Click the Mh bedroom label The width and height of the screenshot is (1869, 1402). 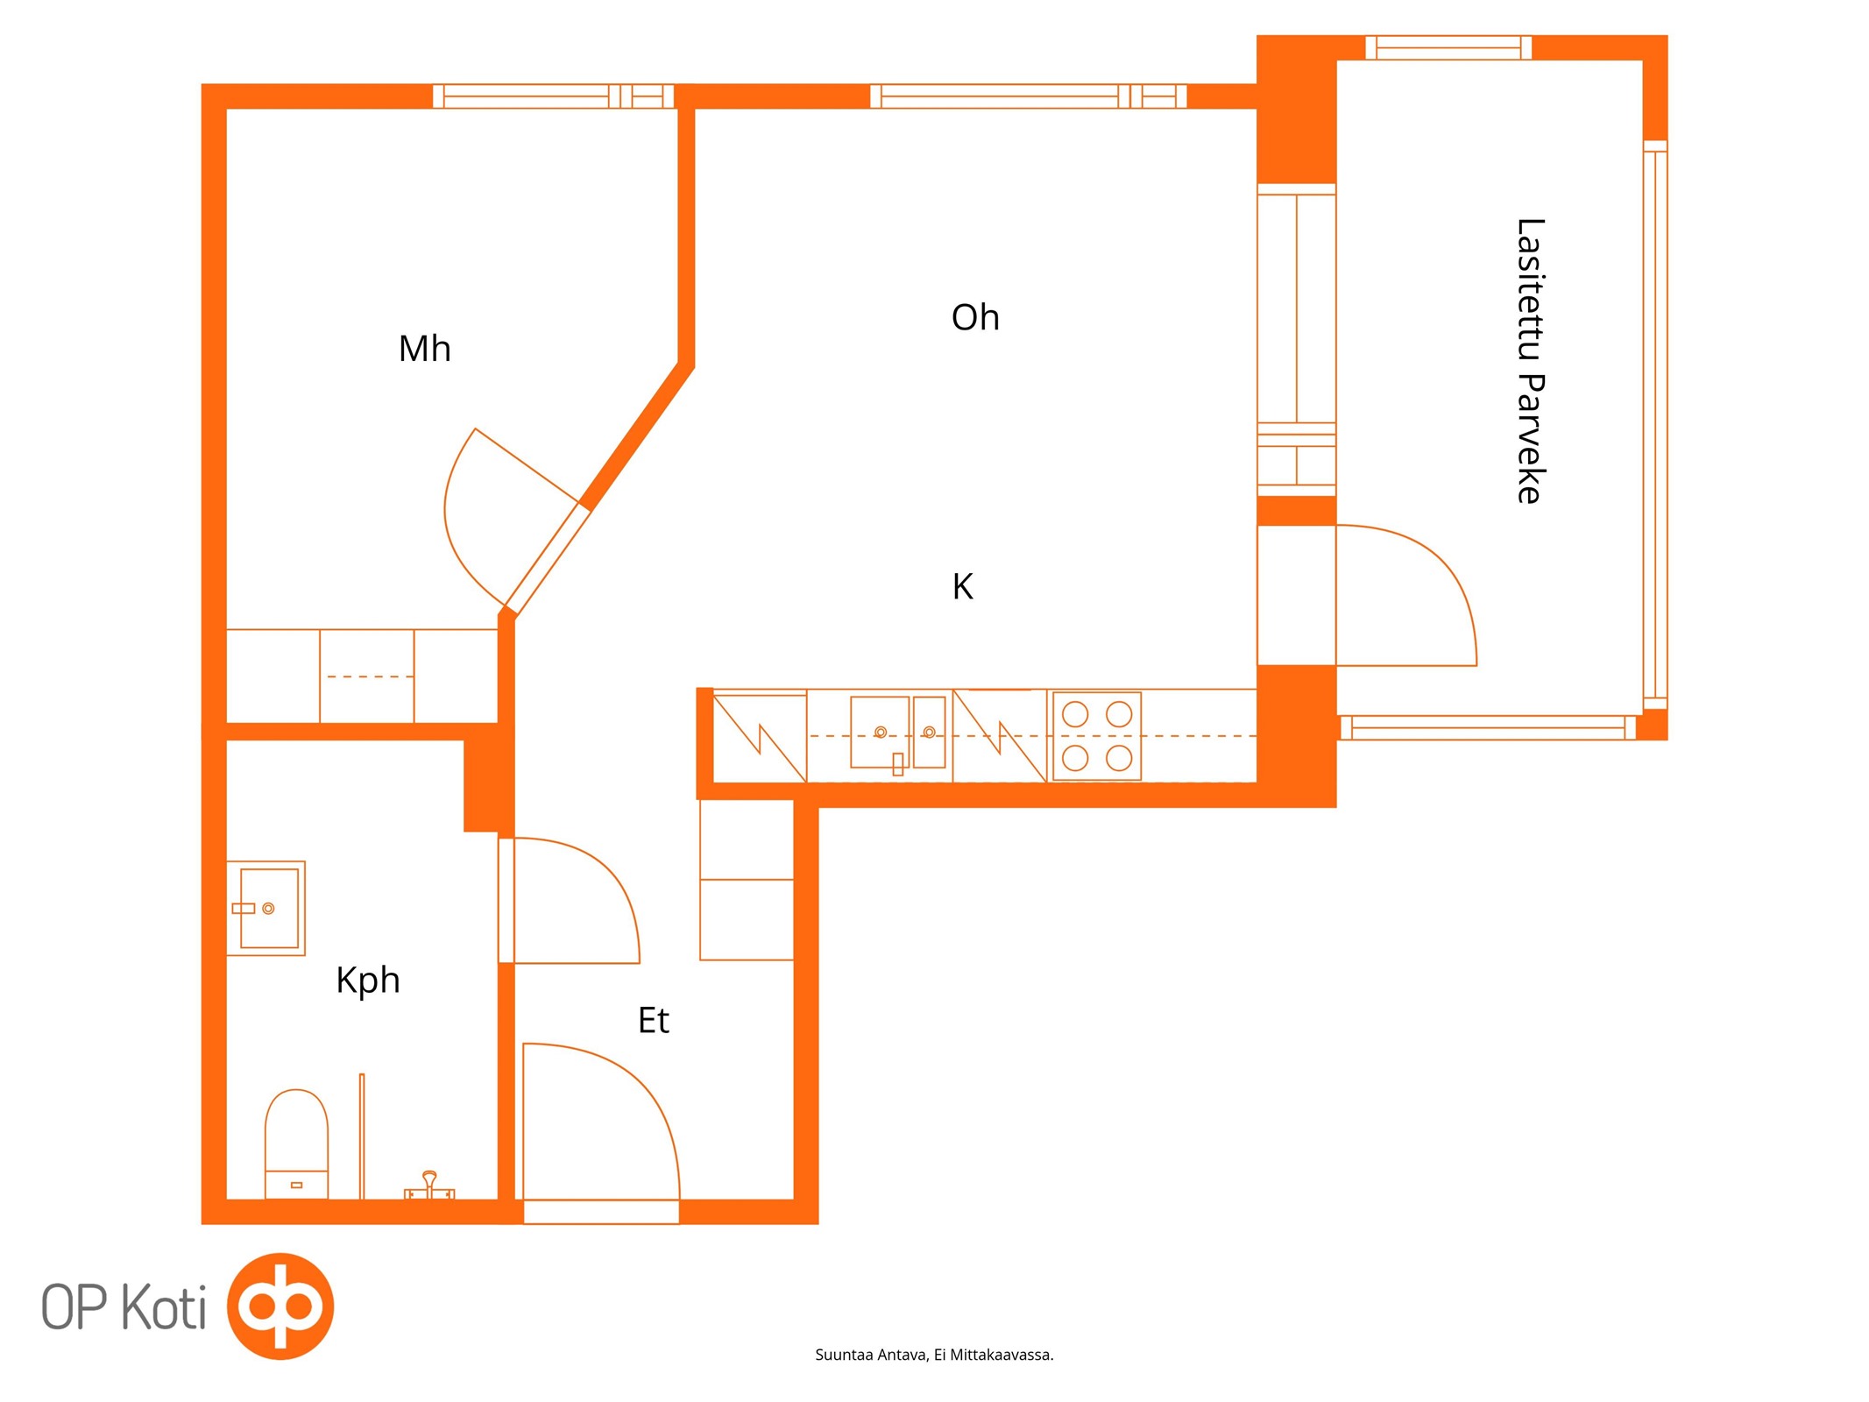click(425, 349)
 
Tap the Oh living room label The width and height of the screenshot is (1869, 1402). click(975, 317)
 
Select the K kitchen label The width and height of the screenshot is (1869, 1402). click(962, 586)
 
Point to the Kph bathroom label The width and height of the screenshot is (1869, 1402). click(368, 981)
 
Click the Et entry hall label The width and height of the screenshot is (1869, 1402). click(654, 1020)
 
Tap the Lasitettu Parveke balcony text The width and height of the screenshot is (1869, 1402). click(1530, 361)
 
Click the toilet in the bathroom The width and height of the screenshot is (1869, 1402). click(296, 1144)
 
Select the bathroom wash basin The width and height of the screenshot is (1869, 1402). click(266, 908)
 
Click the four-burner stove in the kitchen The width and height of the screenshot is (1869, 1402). click(1097, 736)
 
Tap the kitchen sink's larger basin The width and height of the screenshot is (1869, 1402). click(880, 733)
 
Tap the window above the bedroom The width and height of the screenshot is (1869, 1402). click(554, 96)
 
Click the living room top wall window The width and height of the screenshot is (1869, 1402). click(1028, 96)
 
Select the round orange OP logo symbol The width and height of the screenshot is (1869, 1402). click(280, 1306)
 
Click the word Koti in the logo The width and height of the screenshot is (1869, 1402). click(164, 1307)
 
